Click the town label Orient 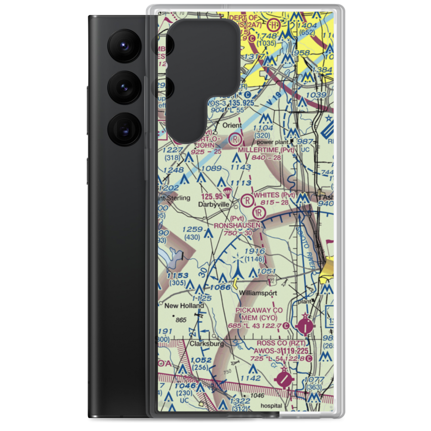tap(232, 125)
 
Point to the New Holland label tap(184, 306)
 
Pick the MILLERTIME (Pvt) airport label tap(266, 150)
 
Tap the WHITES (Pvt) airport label tap(275, 195)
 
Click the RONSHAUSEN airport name tap(238, 225)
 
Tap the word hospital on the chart tap(271, 406)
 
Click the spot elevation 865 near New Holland tap(181, 320)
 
